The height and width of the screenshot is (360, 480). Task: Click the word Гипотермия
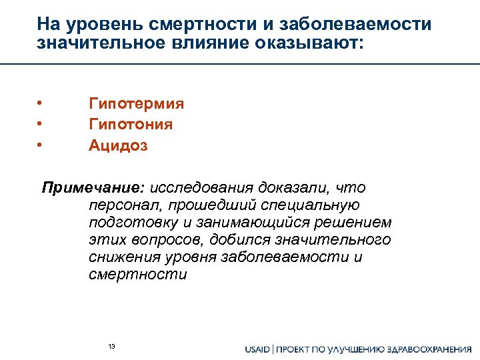tap(136, 104)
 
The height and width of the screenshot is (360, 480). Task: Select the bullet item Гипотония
tap(130, 125)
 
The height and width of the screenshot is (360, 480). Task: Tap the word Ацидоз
tap(118, 145)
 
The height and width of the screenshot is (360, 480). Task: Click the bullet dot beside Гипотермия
tap(40, 103)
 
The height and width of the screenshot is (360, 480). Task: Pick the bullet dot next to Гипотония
tap(40, 124)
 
